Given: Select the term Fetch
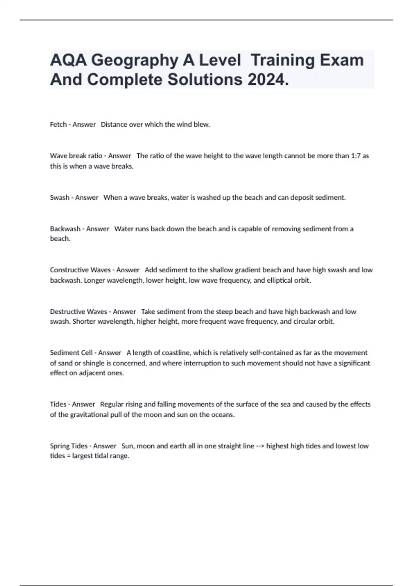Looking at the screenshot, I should (58, 124).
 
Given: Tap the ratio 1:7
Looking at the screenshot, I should (356, 156).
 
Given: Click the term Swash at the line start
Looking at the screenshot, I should (60, 198).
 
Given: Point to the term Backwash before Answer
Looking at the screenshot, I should (65, 229).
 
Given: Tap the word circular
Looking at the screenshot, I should (306, 322).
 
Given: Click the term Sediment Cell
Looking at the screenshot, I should (71, 353).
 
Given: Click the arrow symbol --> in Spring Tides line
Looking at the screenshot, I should (260, 446).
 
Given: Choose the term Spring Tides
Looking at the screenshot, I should (69, 446).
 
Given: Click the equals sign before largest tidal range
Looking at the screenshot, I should (68, 456).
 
